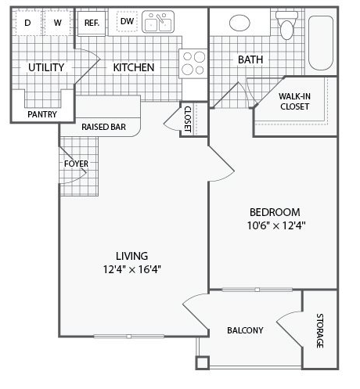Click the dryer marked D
point(27,23)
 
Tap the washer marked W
point(58,23)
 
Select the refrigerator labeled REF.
point(92,23)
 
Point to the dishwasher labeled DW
point(127,21)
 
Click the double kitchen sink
point(158,22)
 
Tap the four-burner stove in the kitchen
point(193,63)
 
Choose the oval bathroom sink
point(239,23)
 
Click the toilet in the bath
point(286,25)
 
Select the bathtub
point(321,43)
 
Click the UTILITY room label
point(46,67)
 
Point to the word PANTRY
point(42,114)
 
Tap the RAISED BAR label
point(103,127)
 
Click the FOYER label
point(76,164)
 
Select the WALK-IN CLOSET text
point(294,102)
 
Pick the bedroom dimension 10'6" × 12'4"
point(276,225)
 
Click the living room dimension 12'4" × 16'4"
point(131,269)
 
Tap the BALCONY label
point(245,330)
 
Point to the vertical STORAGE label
point(320,330)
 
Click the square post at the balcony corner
point(203,362)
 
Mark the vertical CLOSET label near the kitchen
point(188,119)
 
